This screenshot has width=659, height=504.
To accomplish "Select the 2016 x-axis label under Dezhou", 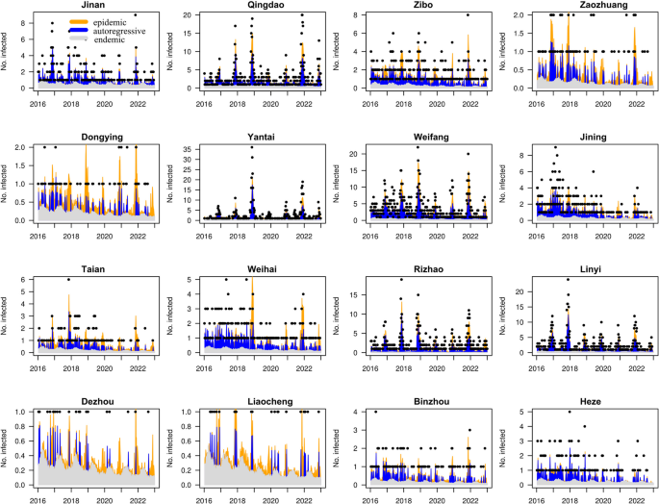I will tap(37, 497).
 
